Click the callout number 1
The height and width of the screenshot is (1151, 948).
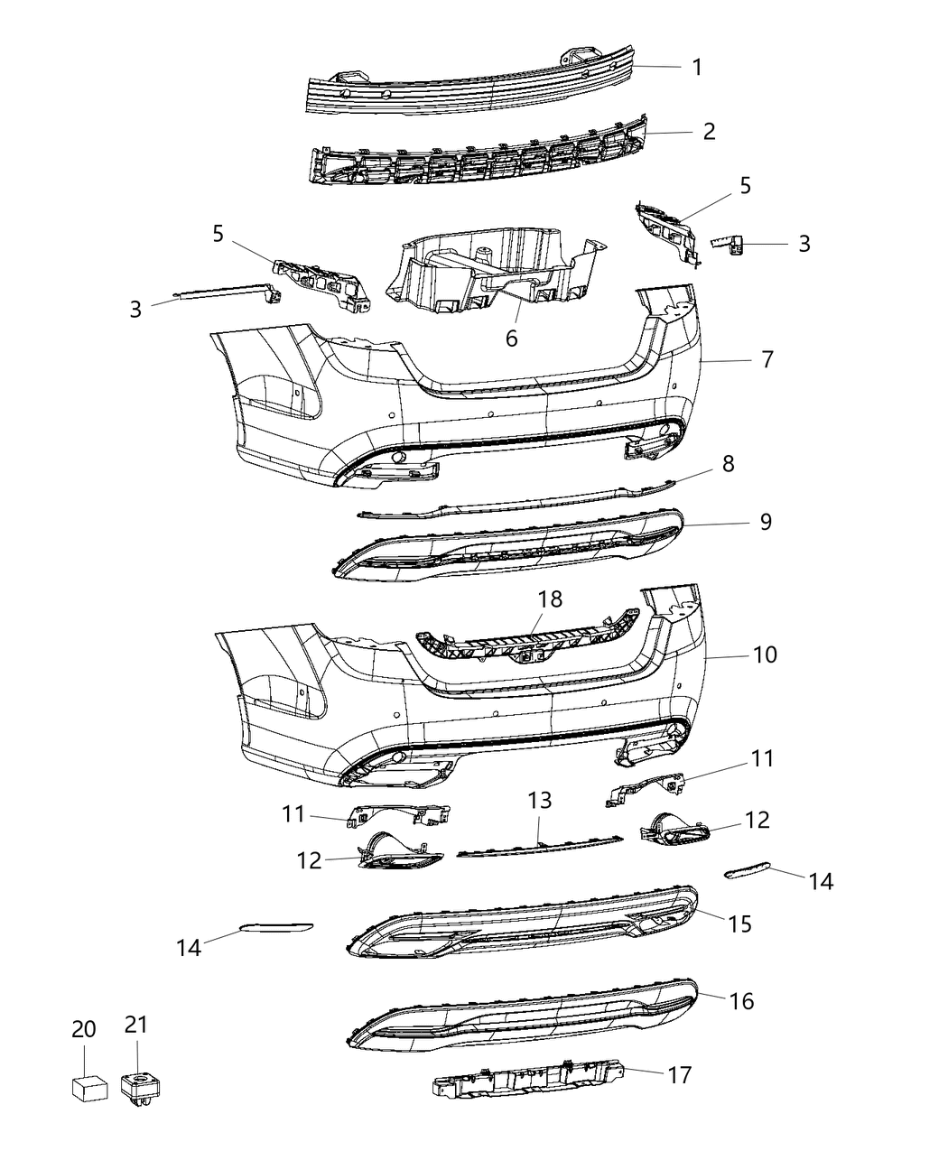point(697,67)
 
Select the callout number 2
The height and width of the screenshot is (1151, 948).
point(709,132)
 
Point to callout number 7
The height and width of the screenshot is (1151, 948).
point(767,359)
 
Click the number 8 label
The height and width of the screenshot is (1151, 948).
point(728,464)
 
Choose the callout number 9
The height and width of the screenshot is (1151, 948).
point(766,522)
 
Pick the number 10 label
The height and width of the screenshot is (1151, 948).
point(764,654)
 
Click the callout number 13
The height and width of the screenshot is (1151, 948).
point(539,801)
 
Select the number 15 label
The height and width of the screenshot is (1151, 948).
point(740,924)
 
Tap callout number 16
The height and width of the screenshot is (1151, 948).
point(741,1000)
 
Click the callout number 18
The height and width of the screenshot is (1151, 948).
point(550,599)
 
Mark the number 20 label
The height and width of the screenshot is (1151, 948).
point(83,1028)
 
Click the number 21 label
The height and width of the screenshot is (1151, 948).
point(135,1025)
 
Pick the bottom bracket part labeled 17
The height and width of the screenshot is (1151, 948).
point(524,1082)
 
